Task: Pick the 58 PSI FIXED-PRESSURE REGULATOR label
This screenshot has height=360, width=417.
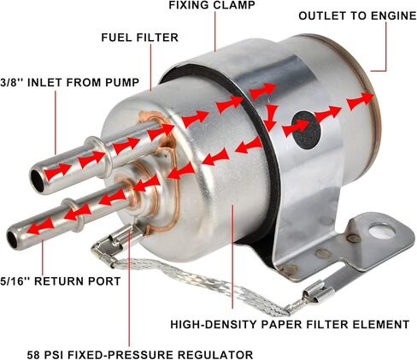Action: click(153, 352)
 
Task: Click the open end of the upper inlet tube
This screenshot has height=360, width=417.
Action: click(37, 177)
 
